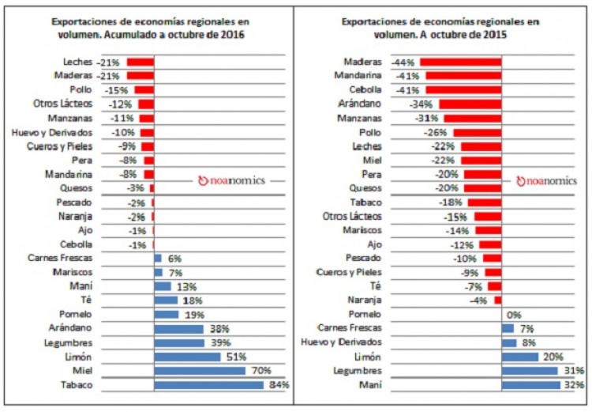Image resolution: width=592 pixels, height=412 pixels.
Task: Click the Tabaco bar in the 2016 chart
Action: pyautogui.click(x=208, y=385)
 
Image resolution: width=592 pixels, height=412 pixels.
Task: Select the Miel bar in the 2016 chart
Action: pyautogui.click(x=200, y=371)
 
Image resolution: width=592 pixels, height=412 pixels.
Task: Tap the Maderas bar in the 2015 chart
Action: pyautogui.click(x=461, y=62)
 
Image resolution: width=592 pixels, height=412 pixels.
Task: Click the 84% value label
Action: pyautogui.click(x=278, y=385)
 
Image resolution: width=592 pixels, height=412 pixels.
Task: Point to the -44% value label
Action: pyautogui.click(x=407, y=62)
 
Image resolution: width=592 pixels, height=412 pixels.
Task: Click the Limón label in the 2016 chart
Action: pyautogui.click(x=81, y=357)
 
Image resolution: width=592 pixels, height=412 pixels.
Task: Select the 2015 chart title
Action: pyautogui.click(x=441, y=28)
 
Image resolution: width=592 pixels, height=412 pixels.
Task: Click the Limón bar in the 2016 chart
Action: pyautogui.click(x=187, y=357)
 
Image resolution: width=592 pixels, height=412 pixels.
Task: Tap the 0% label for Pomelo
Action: pyautogui.click(x=514, y=314)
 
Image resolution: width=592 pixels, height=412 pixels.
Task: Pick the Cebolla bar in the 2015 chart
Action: pyautogui.click(x=463, y=89)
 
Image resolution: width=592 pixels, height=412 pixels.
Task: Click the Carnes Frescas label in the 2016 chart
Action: pyautogui.click(x=60, y=258)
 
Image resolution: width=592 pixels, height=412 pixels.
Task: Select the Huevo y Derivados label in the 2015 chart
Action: pyautogui.click(x=343, y=342)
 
